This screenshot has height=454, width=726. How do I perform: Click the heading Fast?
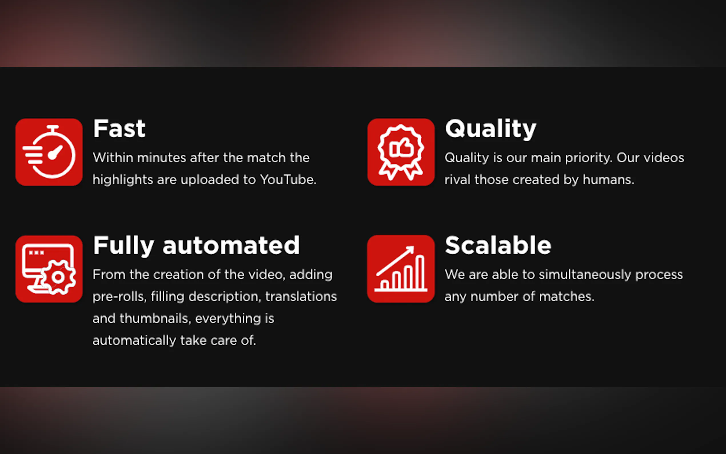coord(119,129)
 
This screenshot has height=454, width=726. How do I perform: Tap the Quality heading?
coord(491,129)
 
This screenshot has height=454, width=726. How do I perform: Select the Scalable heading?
coord(498,245)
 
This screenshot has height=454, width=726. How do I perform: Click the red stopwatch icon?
coord(49,152)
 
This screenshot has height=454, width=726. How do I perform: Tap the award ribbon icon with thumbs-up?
coord(401,152)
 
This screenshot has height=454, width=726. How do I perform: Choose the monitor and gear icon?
coord(49,269)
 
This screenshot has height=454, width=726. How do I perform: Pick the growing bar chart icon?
coord(401,269)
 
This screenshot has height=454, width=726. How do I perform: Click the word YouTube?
coord(288,180)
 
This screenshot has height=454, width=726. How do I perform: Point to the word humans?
coord(608,180)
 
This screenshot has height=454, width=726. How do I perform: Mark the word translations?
coord(301,297)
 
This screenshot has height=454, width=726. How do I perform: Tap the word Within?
coord(113,158)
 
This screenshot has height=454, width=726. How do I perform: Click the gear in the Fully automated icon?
coord(59,277)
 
